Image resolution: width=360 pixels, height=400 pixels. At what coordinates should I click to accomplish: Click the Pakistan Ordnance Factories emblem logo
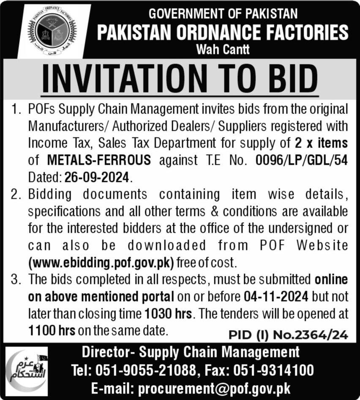coord(52,32)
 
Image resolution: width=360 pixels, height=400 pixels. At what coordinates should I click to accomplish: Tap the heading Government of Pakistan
coord(223,14)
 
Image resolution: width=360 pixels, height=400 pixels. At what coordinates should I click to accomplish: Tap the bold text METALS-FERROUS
coord(100,160)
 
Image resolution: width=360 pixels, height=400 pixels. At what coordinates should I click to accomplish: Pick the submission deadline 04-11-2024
coord(275,296)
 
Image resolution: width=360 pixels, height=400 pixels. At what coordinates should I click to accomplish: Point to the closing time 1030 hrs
coord(168,314)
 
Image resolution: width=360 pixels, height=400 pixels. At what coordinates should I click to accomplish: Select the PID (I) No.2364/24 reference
coord(289,335)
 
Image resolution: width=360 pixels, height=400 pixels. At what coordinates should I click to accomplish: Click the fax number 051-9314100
coord(277,371)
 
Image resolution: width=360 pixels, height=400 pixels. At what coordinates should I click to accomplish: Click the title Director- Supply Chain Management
coord(190,352)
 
